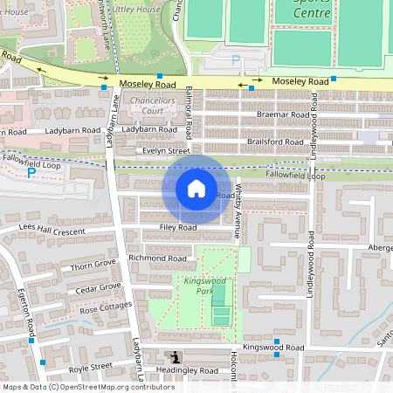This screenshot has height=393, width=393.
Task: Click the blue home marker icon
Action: (196, 189)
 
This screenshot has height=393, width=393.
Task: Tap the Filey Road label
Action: (177, 227)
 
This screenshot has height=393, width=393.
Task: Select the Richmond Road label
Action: (158, 259)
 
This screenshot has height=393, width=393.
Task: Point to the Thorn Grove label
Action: (93, 264)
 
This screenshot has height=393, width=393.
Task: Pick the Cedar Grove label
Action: (98, 287)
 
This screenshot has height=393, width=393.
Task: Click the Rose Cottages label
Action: (105, 307)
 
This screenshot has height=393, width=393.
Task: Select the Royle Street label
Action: (90, 366)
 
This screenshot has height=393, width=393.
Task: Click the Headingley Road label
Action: (186, 370)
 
